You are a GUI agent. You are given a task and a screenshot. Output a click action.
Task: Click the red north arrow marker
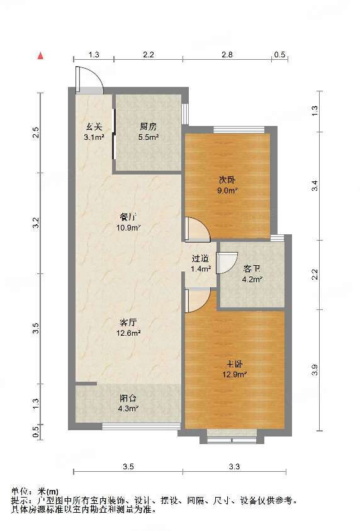tap(41, 56)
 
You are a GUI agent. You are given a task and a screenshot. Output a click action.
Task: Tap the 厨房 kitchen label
tap(149, 125)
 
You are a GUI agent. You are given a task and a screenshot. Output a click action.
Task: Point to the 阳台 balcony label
tap(128, 398)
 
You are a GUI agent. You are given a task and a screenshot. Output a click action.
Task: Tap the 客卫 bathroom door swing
tap(227, 262)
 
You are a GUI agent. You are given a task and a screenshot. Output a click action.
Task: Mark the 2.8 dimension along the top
tap(227, 55)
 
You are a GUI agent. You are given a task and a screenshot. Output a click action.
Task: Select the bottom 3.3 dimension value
tap(235, 467)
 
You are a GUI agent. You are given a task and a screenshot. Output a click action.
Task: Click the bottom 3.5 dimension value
tap(128, 467)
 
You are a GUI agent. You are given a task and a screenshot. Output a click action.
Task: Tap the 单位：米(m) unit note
tap(35, 491)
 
